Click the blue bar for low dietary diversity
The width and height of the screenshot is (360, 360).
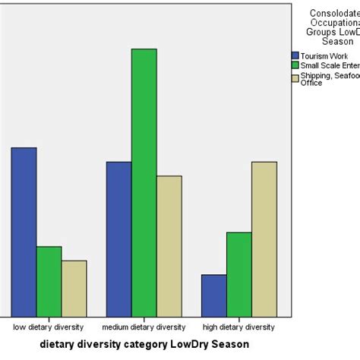(24, 232)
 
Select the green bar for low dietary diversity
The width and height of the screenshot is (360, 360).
(49, 281)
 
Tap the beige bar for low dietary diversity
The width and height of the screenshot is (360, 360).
(74, 288)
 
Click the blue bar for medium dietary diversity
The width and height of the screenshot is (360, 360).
(118, 238)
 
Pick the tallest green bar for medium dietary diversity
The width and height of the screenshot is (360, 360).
(144, 182)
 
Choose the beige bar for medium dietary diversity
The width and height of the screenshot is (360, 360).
(169, 246)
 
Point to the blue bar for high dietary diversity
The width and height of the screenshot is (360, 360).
(213, 295)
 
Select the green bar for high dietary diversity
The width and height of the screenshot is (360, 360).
(238, 274)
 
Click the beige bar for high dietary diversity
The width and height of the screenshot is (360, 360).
(264, 238)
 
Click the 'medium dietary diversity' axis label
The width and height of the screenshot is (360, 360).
(144, 327)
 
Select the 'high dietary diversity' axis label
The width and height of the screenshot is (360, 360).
(238, 327)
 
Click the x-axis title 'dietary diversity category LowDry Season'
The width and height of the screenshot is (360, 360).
(144, 344)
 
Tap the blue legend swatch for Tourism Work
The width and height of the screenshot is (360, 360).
(295, 55)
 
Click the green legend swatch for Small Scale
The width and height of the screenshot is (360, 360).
(295, 66)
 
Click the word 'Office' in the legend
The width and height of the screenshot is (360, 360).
(311, 83)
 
